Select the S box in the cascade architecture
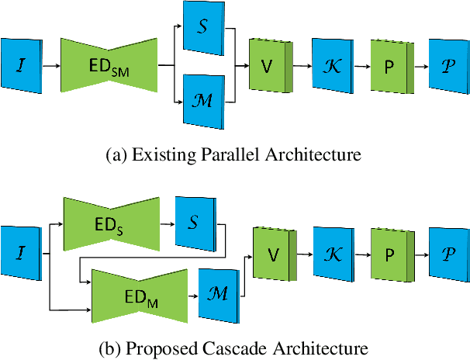click(x=195, y=222)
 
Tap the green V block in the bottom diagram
click(x=272, y=254)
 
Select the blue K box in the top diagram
click(x=333, y=67)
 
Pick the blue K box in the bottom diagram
click(x=333, y=254)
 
